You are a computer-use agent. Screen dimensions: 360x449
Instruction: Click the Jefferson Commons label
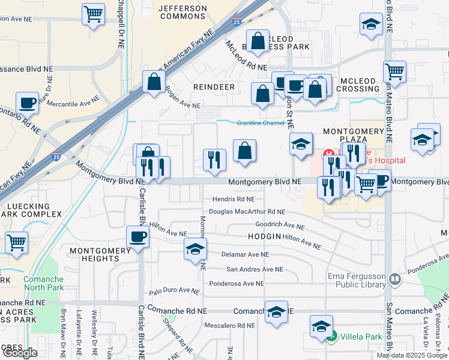coord(182,13)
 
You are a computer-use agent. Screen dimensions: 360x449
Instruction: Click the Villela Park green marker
coord(332,337)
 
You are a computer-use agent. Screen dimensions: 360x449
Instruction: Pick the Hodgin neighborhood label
coord(264,237)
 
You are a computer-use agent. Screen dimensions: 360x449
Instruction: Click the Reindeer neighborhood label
coord(214,87)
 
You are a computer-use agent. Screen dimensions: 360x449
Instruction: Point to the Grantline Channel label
coord(261,123)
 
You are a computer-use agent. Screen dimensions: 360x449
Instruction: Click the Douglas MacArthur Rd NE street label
coord(247,212)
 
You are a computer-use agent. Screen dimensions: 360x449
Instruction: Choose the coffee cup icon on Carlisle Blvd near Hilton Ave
coord(137,236)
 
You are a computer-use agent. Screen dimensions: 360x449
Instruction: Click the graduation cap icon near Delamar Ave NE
coord(195,248)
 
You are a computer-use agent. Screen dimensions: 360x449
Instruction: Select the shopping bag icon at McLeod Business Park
coord(258,41)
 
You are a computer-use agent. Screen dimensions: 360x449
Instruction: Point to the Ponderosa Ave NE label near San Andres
coord(236,284)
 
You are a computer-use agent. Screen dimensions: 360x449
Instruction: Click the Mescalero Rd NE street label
coord(225,326)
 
